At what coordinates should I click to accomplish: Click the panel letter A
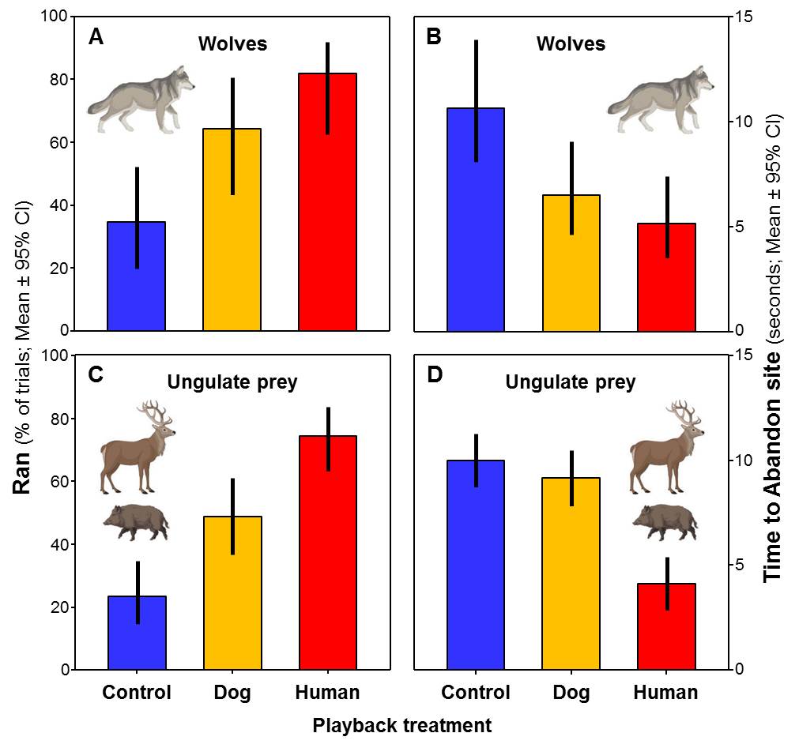pos(96,36)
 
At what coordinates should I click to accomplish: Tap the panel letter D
pos(434,374)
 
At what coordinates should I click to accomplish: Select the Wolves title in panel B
pos(571,43)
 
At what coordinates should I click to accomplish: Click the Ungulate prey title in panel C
pos(232,383)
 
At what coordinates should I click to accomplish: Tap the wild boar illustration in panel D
pos(665,521)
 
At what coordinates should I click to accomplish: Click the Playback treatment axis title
pos(401,725)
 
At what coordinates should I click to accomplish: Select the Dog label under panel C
pos(232,693)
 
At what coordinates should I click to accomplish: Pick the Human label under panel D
pos(665,693)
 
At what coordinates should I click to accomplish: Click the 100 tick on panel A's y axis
pos(55,17)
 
